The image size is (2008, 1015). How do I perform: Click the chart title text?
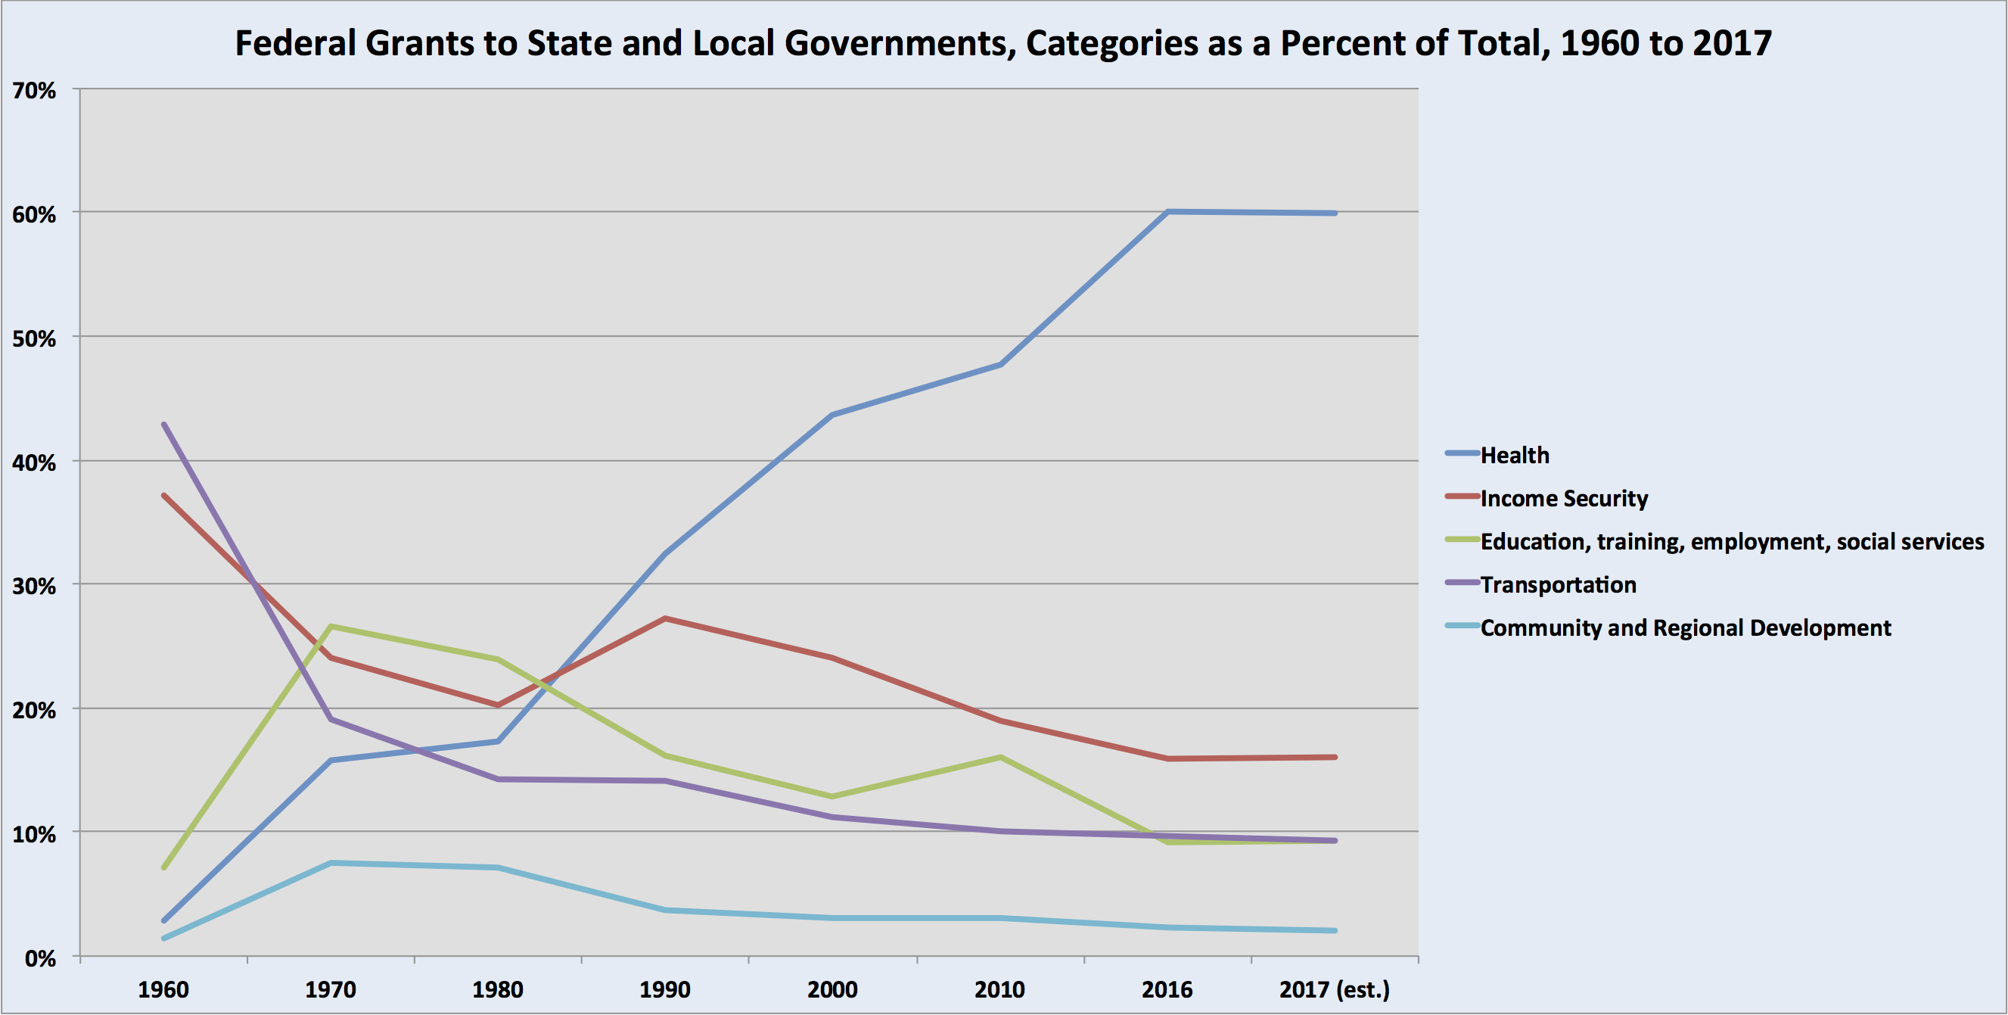1003,43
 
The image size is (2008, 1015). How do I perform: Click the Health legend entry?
1514,455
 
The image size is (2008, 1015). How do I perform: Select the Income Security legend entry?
1563,498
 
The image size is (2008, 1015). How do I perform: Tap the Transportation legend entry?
1557,584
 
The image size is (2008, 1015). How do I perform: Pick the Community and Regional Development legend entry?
1684,627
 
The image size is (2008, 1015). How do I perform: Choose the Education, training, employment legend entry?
1731,542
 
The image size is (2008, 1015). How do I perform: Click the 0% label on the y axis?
40,958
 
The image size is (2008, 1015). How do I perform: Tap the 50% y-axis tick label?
34,339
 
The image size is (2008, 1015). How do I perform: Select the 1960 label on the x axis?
163,990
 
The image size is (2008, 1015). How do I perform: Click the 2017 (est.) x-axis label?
1335,990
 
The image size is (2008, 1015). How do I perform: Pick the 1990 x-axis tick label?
665,990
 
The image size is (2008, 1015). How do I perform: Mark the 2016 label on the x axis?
1167,990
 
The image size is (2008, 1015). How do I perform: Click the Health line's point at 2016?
1167,211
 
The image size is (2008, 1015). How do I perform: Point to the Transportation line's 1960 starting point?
163,424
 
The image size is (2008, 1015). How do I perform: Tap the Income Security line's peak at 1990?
665,618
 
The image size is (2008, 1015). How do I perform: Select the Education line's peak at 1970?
331,626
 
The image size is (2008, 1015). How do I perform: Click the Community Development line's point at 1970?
331,863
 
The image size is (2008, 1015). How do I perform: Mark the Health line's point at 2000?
832,415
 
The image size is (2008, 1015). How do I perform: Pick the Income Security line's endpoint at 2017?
1335,757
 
